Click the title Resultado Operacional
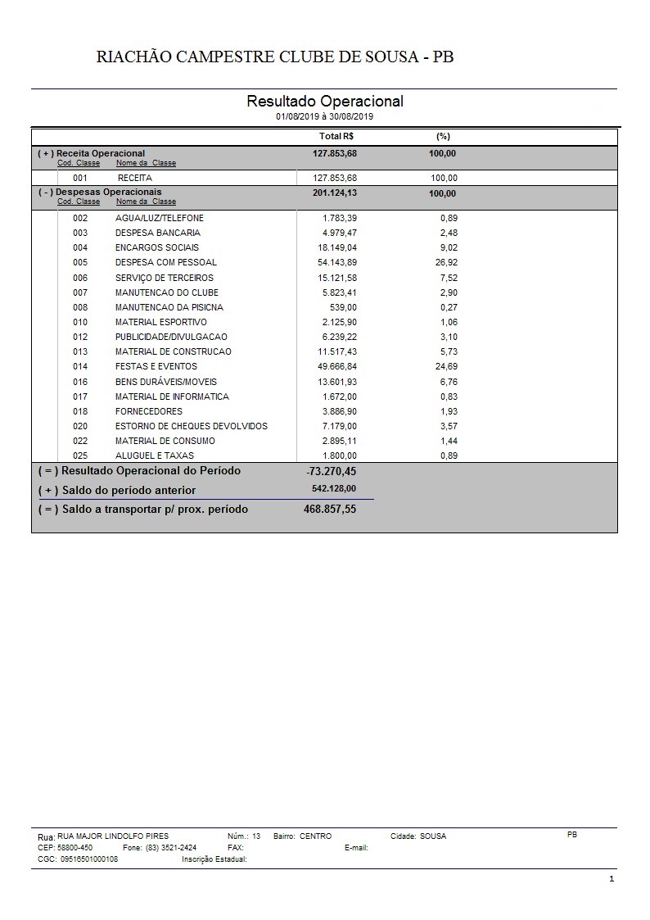325,102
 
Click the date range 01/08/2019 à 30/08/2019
325,117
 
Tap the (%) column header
444,137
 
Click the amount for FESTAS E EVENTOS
337,367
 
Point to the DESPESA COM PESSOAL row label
166,263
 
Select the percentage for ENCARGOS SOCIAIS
449,248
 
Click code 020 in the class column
80,427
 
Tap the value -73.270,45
331,472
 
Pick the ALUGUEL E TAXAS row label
155,456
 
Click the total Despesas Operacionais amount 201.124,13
336,194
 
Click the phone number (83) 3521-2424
171,848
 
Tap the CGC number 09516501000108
89,859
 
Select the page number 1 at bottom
612,879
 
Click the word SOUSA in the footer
433,836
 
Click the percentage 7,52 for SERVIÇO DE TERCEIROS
449,279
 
